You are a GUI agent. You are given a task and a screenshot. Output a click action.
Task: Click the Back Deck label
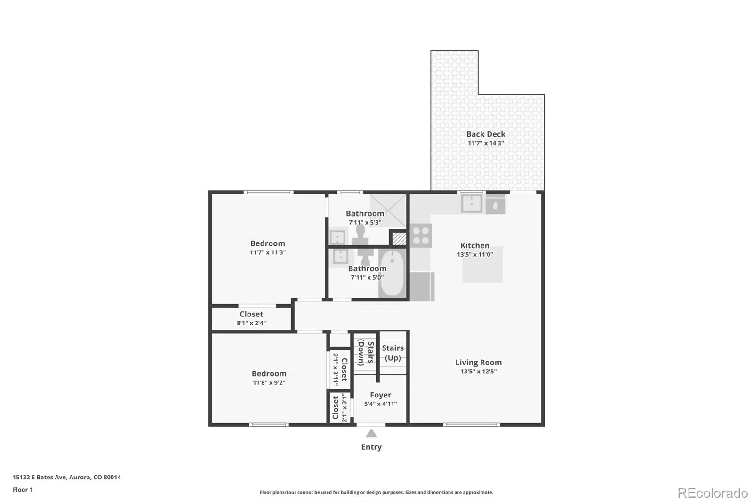(x=485, y=134)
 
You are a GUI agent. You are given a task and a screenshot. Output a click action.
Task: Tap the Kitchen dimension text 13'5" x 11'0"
(x=475, y=254)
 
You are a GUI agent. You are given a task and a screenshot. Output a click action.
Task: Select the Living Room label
(x=478, y=362)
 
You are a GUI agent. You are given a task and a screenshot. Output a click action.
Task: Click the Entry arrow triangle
(x=371, y=433)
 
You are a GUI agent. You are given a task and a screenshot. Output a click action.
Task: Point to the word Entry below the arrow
(x=371, y=447)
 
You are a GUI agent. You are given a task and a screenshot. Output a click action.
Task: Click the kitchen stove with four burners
(x=421, y=235)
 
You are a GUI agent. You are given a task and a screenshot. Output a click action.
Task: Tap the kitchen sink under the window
(x=471, y=203)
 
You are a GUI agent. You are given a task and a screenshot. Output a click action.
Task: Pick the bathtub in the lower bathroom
(x=392, y=273)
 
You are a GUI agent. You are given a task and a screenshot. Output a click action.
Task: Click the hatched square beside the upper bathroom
(x=399, y=238)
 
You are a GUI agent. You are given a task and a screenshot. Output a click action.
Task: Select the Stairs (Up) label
(x=393, y=353)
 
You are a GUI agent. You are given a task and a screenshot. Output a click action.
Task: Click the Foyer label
(x=381, y=395)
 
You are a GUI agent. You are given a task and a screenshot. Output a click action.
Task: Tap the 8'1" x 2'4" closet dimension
(x=251, y=323)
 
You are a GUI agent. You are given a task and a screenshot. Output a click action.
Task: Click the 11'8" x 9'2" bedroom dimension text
(x=269, y=382)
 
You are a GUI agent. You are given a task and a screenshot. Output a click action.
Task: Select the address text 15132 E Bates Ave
(x=40, y=477)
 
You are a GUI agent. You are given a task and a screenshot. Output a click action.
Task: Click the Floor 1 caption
(x=23, y=490)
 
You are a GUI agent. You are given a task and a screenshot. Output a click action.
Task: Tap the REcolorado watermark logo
(x=713, y=493)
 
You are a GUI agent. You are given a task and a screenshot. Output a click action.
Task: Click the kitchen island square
(x=482, y=265)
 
